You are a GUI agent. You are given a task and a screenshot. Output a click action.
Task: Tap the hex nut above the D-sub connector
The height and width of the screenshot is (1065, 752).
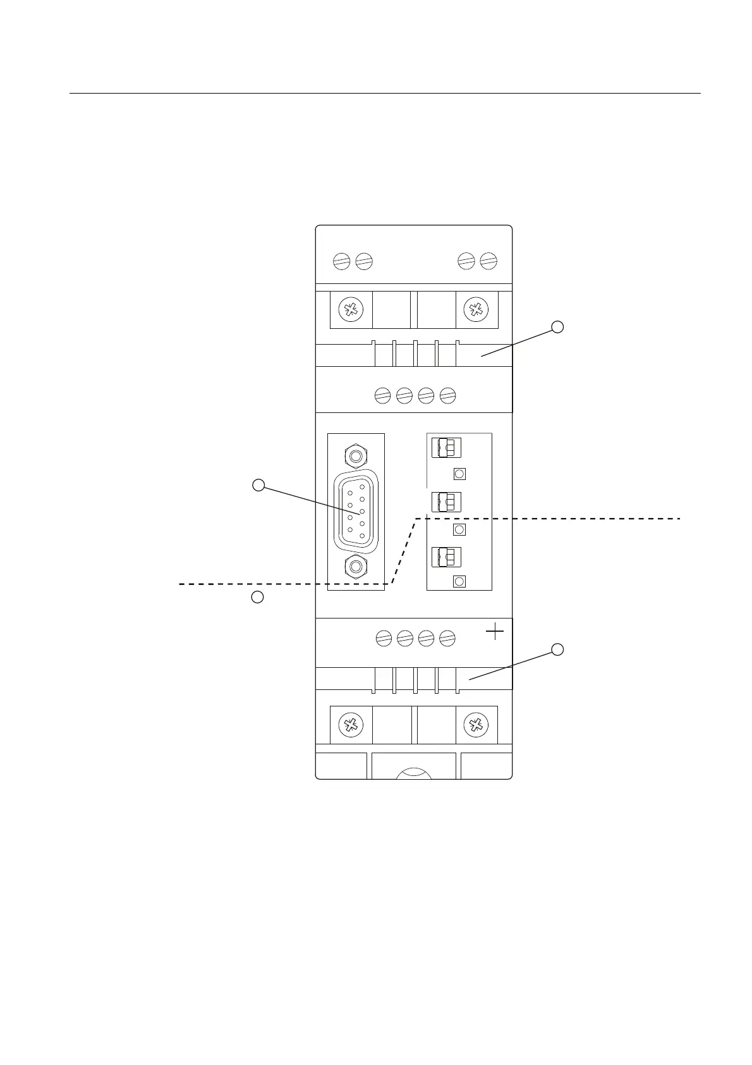356,455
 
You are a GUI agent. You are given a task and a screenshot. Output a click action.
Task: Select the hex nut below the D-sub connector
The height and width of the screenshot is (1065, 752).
356,565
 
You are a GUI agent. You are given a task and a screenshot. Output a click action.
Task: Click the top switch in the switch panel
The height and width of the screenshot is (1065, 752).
446,448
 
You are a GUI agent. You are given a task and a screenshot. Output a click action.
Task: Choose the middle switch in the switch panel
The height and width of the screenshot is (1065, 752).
446,502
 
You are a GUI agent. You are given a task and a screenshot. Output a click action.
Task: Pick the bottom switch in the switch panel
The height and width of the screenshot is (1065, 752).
446,557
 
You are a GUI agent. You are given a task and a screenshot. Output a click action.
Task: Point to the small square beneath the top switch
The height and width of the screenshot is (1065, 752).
460,474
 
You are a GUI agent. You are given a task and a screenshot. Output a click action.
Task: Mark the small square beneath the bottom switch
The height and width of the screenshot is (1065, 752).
460,582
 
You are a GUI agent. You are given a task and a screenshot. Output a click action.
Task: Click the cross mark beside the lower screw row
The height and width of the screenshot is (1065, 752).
495,631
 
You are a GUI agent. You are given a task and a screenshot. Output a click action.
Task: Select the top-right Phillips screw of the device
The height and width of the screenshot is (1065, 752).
475,309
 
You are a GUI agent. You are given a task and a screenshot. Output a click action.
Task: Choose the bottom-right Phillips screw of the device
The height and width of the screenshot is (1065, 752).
475,725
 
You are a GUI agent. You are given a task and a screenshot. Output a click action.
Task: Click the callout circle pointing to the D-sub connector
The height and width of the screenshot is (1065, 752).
258,485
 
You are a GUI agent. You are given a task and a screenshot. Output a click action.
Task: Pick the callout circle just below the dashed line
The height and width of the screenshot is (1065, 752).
257,596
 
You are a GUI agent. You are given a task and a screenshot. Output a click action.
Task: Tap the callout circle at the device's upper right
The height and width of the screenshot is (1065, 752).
557,327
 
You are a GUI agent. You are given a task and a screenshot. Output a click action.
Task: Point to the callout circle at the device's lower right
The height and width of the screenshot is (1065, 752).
557,649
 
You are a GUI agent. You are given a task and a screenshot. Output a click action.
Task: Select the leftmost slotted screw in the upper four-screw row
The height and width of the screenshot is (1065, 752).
382,396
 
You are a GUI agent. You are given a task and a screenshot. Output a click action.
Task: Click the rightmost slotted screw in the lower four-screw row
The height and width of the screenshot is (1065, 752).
447,638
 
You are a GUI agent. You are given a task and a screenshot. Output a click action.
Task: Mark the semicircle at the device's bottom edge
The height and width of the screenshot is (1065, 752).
413,773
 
